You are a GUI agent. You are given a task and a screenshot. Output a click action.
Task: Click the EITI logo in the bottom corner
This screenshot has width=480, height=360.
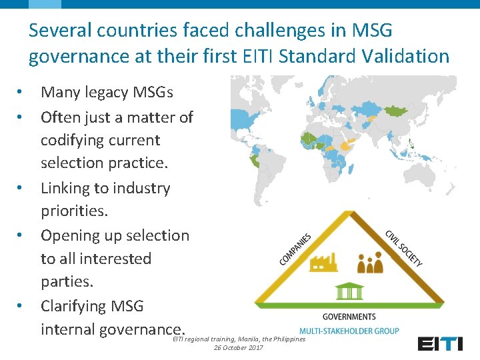coord(440,343)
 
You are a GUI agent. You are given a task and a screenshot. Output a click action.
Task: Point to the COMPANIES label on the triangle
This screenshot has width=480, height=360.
coord(295,248)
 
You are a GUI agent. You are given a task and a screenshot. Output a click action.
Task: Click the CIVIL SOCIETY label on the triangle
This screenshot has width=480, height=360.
coord(403,248)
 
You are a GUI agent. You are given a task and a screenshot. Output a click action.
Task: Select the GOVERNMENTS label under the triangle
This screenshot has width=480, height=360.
coord(349,316)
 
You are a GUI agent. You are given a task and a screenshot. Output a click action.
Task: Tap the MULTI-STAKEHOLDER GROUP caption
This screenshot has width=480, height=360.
coord(349,331)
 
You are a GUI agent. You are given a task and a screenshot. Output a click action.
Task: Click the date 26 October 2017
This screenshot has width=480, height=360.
coord(239,347)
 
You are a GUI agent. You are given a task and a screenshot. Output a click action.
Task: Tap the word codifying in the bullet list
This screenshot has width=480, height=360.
coord(70,140)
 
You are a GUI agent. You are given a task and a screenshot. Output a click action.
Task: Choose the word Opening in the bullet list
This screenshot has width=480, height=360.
coord(71,235)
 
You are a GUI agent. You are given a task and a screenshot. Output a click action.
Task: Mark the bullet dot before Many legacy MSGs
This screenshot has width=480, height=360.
coord(21,92)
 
